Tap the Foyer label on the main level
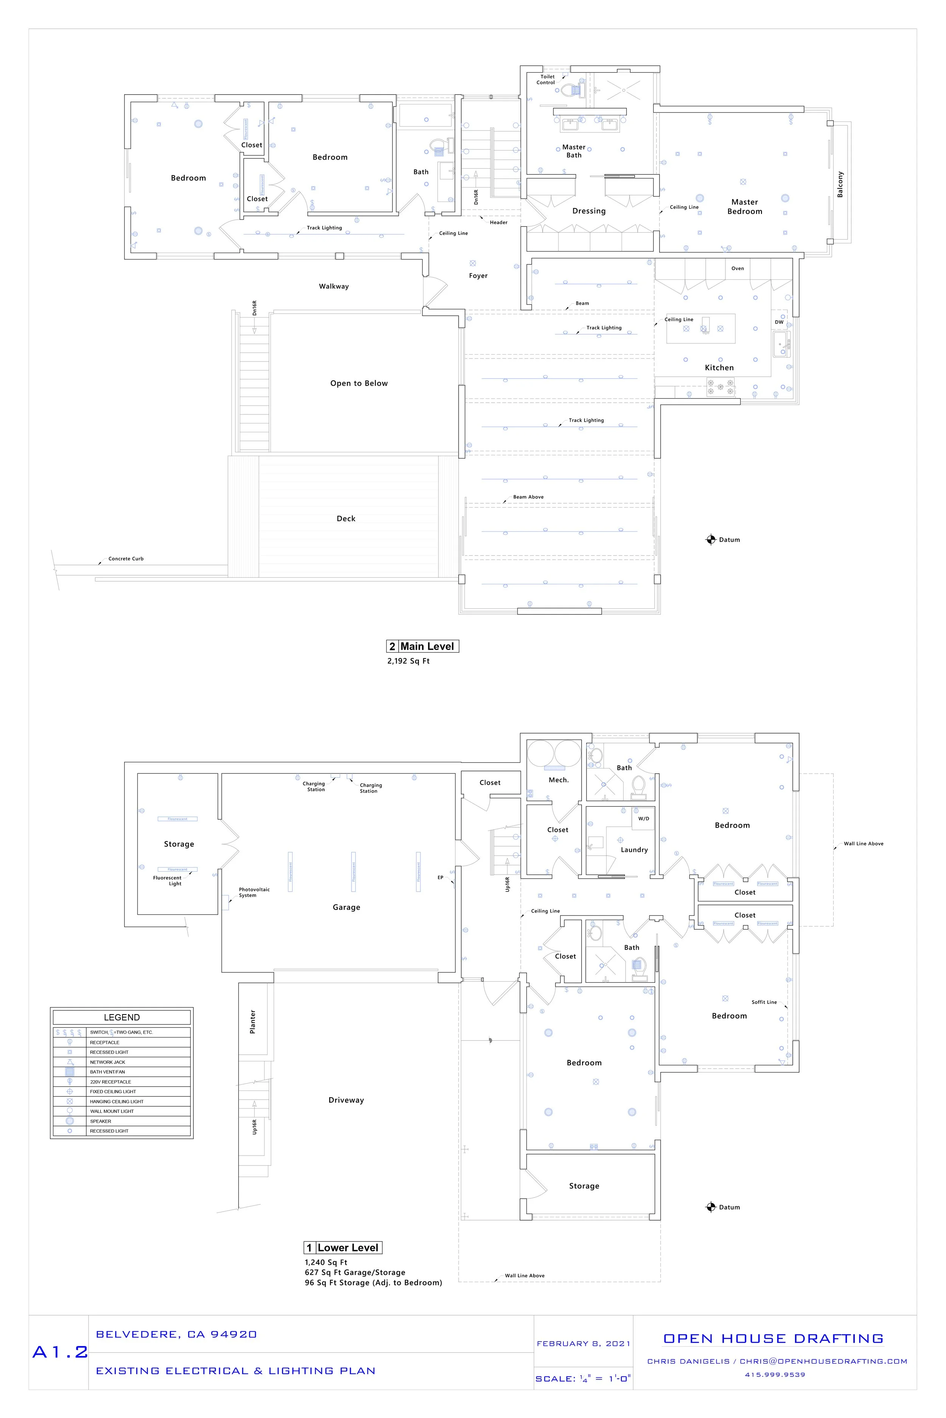pos(478,276)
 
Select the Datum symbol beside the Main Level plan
pos(711,540)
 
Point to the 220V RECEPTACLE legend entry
pos(110,1081)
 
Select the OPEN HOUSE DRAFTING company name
pos(773,1339)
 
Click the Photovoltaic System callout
pos(254,892)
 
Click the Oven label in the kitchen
pos(737,268)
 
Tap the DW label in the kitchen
pos(779,322)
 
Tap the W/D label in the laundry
pos(644,818)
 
